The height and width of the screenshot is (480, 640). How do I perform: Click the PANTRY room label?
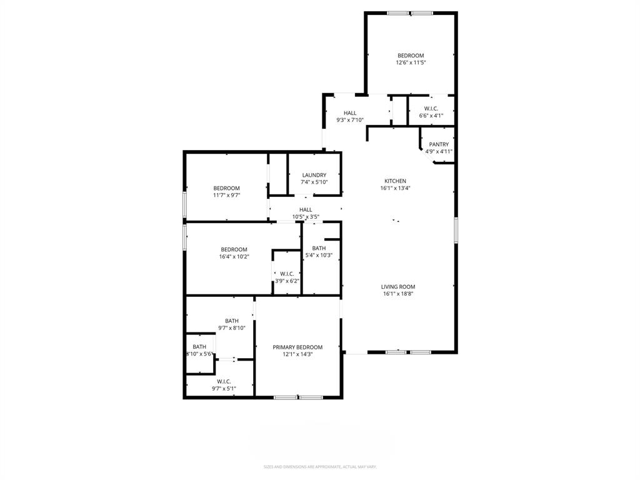click(439, 144)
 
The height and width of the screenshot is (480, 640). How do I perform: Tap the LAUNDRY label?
click(314, 175)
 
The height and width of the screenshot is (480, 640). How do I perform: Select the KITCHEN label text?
click(395, 181)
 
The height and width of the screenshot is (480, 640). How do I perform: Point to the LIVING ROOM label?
click(398, 287)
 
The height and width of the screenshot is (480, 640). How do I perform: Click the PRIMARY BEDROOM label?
click(297, 347)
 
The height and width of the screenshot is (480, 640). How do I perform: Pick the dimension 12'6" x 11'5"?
click(411, 62)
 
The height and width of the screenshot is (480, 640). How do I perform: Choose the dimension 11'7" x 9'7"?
click(226, 195)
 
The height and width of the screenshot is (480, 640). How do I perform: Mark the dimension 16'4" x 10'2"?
click(234, 256)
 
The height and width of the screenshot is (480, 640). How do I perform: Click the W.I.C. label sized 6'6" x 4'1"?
click(431, 109)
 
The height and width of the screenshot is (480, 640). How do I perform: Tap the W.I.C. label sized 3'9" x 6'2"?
click(287, 274)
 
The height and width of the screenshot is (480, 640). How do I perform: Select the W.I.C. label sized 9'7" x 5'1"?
click(224, 381)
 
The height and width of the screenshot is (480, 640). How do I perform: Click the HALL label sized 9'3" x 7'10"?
click(350, 113)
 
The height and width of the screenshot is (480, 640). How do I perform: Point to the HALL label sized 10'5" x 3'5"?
click(306, 210)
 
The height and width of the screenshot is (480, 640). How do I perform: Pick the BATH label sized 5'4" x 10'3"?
click(319, 248)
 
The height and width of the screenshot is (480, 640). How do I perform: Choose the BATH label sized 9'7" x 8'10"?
click(232, 321)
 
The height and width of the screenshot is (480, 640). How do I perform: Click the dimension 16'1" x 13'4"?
click(395, 188)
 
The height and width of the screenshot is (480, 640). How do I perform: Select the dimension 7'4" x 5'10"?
click(314, 182)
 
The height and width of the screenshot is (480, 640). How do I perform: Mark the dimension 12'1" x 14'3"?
click(297, 354)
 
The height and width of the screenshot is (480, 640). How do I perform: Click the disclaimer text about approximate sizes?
click(319, 466)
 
